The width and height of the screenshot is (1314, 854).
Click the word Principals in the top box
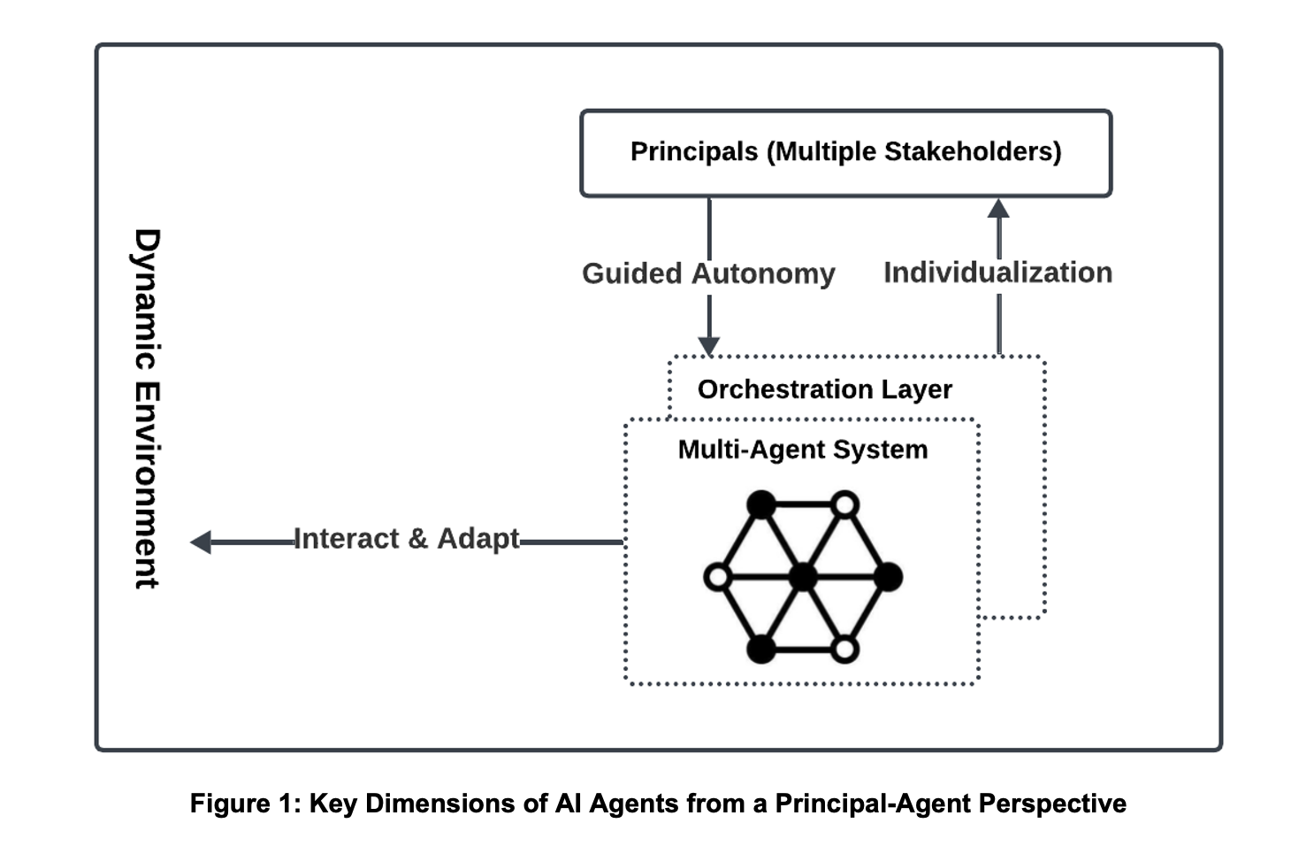[694, 152]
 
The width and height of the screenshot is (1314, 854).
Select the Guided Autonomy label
[708, 274]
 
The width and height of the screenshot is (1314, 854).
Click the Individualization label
[997, 273]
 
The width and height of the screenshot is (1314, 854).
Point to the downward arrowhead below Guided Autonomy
[709, 346]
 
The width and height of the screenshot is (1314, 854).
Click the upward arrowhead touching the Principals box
[998, 208]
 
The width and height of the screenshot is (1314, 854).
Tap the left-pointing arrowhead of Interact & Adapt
[201, 542]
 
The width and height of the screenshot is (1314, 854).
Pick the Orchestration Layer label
[825, 389]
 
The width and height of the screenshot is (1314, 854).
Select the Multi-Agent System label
[803, 450]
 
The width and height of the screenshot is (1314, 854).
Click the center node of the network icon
[803, 578]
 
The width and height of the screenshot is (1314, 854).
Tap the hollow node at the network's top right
[845, 504]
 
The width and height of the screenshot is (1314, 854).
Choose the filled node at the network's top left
[760, 504]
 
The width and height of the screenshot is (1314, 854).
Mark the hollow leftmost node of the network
[718, 578]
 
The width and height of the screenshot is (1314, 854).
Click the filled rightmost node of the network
[888, 578]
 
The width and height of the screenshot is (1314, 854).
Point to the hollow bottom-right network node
[845, 650]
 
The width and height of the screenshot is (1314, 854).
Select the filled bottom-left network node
[760, 650]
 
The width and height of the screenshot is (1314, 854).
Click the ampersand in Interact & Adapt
[417, 539]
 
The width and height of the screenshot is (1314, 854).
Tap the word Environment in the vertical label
[146, 487]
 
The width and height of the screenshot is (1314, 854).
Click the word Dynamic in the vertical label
[146, 299]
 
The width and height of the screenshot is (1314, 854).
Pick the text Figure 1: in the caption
[245, 804]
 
